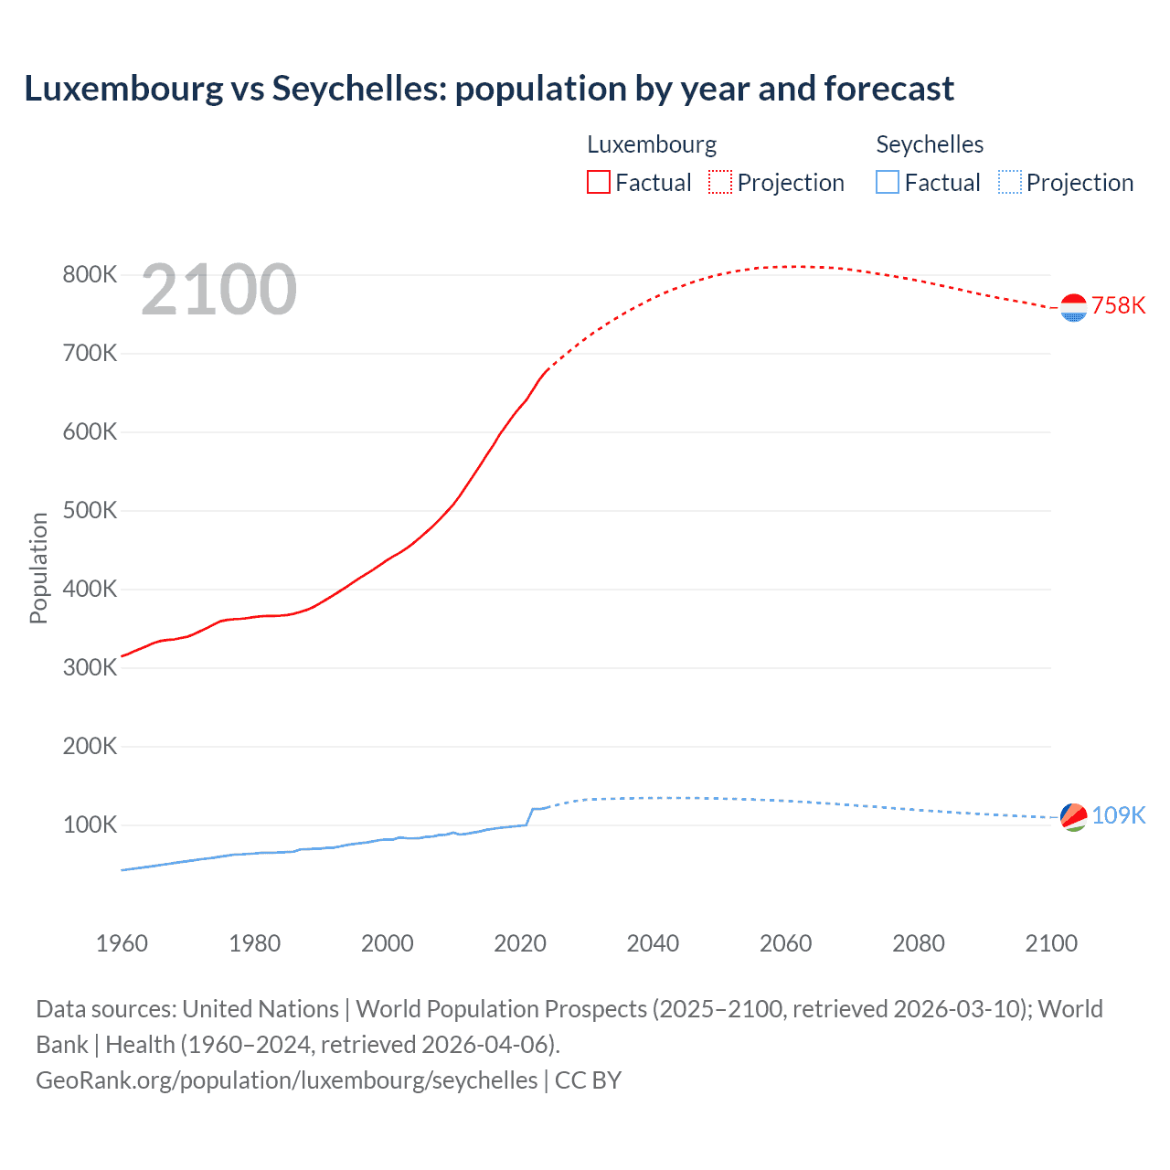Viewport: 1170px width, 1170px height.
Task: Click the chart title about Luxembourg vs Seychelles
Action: click(489, 89)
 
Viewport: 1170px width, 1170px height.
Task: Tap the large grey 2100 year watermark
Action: click(219, 290)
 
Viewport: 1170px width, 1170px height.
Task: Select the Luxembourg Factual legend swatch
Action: click(599, 183)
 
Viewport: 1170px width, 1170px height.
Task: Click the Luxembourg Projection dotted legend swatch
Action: click(720, 183)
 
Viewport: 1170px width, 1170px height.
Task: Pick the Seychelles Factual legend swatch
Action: click(888, 183)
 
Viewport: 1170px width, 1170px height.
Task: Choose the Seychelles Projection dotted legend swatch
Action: click(1010, 183)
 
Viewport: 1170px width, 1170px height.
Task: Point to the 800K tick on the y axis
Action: click(90, 275)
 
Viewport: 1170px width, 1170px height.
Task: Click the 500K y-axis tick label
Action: click(90, 511)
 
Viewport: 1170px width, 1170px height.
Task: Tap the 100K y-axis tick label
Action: click(90, 825)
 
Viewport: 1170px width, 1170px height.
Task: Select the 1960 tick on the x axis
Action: click(122, 943)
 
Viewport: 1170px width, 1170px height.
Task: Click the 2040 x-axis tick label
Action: click(653, 943)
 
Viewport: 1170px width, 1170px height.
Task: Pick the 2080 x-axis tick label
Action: click(918, 943)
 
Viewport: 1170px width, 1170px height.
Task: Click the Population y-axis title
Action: click(38, 568)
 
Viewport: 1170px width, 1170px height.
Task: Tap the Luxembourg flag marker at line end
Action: click(1073, 308)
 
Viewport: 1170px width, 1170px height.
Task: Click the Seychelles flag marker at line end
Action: click(1073, 816)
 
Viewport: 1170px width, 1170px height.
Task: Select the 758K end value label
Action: click(1118, 306)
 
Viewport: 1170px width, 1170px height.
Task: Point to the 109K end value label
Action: click(1118, 815)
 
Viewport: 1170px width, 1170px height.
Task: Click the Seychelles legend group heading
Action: click(930, 144)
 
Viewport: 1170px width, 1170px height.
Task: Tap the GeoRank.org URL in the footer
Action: click(287, 1080)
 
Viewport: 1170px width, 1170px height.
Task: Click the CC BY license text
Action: click(588, 1080)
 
